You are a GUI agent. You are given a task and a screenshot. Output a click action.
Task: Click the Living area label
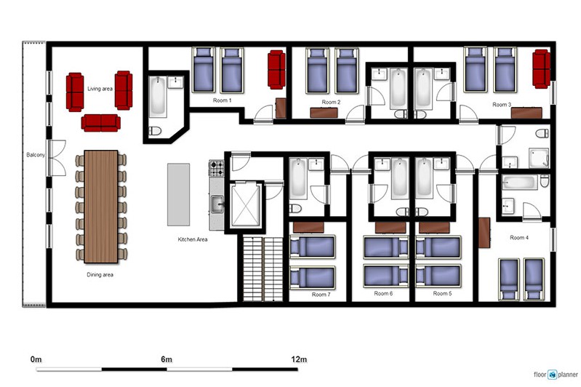point(100,89)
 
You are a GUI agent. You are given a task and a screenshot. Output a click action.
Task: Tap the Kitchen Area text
point(193,239)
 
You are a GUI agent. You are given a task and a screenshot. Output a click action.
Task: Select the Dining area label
point(100,275)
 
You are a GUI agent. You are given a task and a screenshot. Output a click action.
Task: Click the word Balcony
point(36,155)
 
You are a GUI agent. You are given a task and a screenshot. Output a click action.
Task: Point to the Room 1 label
point(222,100)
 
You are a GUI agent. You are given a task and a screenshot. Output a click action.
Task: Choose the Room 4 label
point(519,238)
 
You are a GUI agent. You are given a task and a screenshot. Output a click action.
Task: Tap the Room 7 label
point(321,295)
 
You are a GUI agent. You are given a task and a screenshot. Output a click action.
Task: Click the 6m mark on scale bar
point(167,359)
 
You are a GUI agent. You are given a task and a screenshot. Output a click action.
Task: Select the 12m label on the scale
point(299,359)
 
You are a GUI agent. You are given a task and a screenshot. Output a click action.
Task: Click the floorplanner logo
point(556,375)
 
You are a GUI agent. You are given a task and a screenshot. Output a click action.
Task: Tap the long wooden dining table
point(101,207)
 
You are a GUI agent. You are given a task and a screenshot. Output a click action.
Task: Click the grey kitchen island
point(179,195)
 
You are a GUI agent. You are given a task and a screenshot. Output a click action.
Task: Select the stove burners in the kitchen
point(217,168)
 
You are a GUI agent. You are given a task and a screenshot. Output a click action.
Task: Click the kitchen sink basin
point(217,204)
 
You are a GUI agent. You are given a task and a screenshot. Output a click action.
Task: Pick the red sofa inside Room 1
point(276,70)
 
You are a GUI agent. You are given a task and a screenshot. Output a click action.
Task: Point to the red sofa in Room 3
point(541,69)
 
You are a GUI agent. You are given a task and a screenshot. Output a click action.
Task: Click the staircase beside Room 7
point(263,268)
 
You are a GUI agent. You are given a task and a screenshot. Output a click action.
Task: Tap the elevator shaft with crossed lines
point(245,204)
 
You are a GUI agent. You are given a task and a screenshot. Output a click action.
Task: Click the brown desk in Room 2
point(324,113)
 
